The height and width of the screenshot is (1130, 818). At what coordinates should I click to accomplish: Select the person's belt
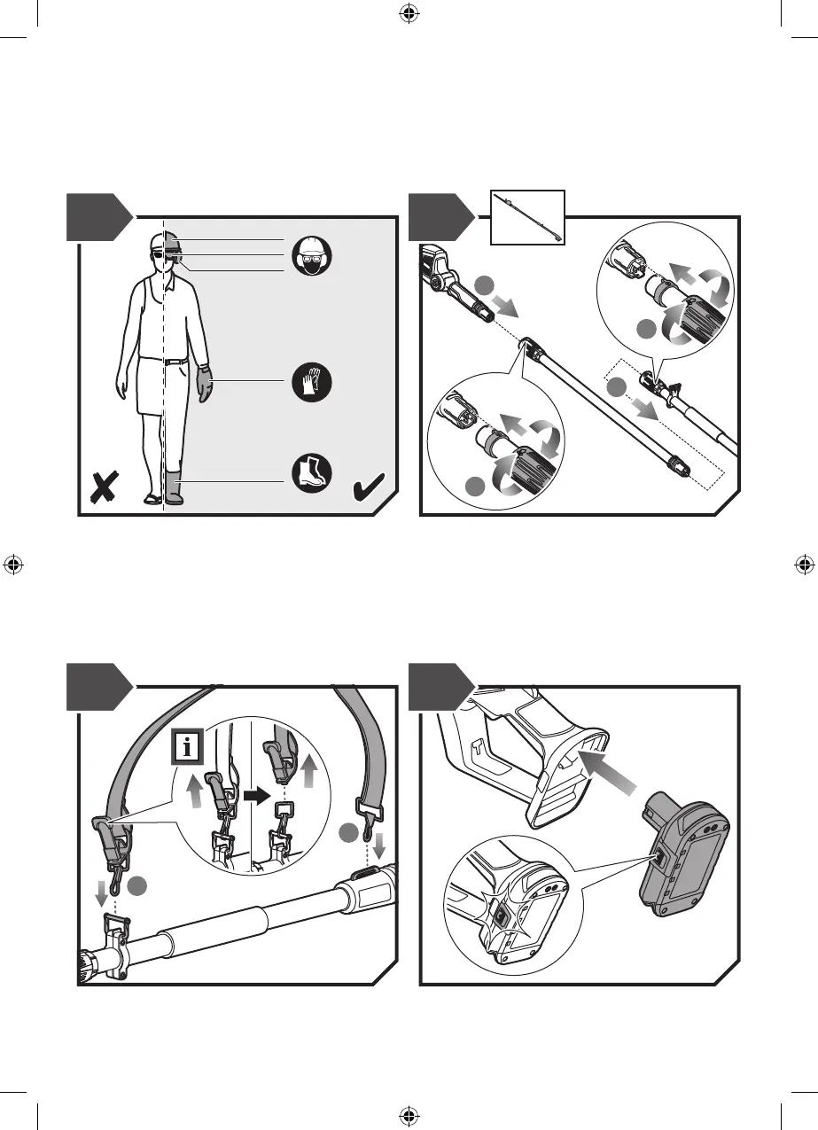pyautogui.click(x=165, y=360)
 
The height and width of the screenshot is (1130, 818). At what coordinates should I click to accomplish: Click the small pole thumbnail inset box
pyautogui.click(x=528, y=218)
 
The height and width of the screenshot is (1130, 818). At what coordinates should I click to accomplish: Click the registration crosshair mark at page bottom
pyautogui.click(x=409, y=1116)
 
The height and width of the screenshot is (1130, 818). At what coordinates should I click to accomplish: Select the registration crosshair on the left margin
pyautogui.click(x=12, y=564)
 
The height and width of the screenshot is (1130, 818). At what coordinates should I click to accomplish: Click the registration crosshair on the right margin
pyautogui.click(x=804, y=564)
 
